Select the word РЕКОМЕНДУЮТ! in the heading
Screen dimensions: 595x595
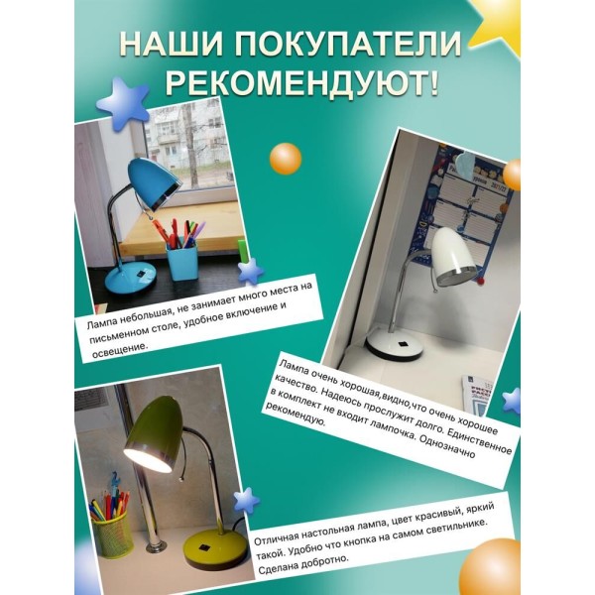click(302, 83)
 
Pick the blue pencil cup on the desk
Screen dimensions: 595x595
click(182, 260)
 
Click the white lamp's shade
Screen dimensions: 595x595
click(454, 258)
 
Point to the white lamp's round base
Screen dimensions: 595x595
click(395, 344)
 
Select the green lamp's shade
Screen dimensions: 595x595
click(155, 435)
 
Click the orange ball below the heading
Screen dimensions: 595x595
click(286, 159)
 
